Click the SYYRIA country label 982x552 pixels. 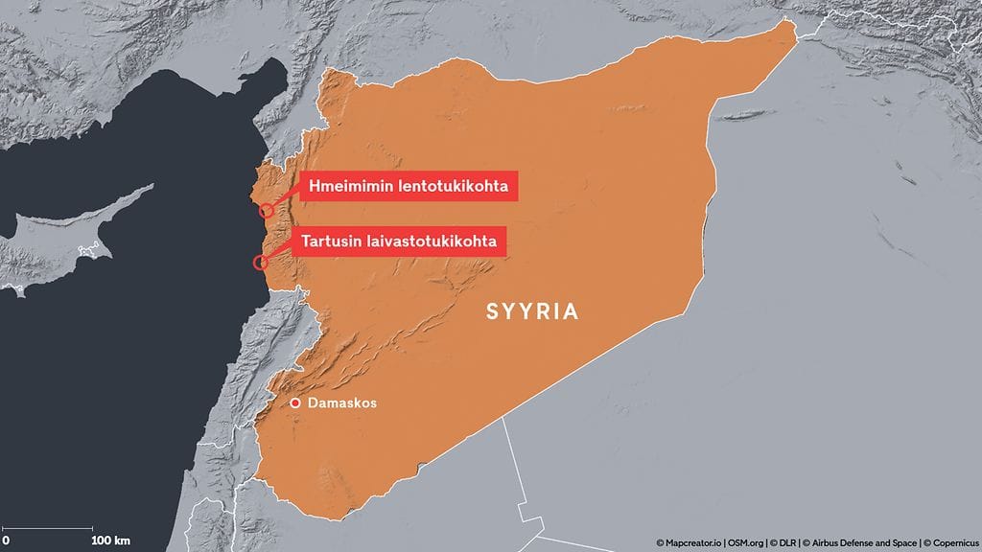pos(532,311)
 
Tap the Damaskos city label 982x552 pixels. pos(341,403)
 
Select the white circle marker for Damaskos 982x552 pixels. pos(296,403)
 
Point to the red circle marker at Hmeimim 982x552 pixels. pos(268,211)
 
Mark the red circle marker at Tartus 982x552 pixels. pos(259,262)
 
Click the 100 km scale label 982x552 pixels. pos(110,540)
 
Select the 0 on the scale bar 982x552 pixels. pos(6,540)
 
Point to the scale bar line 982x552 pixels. pos(48,528)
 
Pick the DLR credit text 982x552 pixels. pos(788,542)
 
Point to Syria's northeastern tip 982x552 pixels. pos(792,28)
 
